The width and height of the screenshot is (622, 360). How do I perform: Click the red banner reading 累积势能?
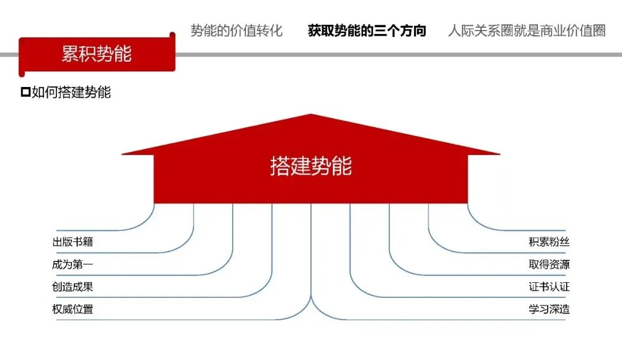97,54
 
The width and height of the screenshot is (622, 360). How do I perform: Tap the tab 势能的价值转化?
237,31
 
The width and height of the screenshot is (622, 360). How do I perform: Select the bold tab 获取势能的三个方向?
367,31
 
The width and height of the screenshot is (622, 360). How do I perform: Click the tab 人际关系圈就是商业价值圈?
526,31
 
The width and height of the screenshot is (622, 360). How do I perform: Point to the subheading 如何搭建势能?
71,92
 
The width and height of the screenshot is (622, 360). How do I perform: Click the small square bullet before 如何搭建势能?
25,92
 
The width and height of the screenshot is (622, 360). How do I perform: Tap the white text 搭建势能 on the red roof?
311,166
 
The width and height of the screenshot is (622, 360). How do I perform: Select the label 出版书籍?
73,242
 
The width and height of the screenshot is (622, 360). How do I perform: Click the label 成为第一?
73,264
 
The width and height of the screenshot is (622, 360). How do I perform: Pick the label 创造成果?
73,287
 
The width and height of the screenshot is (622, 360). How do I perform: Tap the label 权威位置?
73,309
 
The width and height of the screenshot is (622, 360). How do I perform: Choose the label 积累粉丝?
549,242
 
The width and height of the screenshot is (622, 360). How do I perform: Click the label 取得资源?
549,264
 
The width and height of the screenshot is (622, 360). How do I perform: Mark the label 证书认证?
549,287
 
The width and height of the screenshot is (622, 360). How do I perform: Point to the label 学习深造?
549,309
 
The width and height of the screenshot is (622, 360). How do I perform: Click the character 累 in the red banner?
70,54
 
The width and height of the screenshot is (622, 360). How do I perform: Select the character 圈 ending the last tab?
598,31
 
